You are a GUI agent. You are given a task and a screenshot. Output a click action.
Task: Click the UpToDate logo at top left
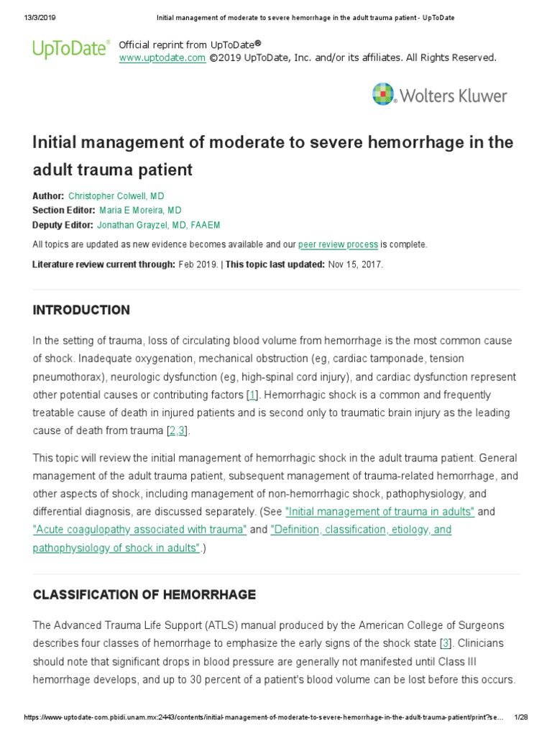coord(70,48)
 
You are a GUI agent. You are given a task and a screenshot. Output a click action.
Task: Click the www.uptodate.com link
coord(162,57)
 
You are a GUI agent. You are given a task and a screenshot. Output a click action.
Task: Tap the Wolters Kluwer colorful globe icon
coord(383,94)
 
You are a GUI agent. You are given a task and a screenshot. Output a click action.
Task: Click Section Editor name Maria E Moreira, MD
coord(140,211)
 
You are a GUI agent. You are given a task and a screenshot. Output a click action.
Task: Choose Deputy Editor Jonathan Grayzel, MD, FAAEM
coord(158,225)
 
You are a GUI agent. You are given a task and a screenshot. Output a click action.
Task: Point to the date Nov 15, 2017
coord(355,264)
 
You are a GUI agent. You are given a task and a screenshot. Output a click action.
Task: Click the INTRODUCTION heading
coord(81,310)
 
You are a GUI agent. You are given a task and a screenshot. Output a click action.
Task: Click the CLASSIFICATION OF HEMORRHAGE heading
coord(144,595)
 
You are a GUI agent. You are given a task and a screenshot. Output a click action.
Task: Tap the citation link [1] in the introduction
coord(252,395)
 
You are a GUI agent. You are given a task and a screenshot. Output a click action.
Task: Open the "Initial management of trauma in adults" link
coord(379,512)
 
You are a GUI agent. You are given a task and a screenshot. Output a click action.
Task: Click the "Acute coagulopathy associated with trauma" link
coord(139,530)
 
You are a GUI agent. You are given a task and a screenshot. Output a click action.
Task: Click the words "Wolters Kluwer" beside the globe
coord(454,96)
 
